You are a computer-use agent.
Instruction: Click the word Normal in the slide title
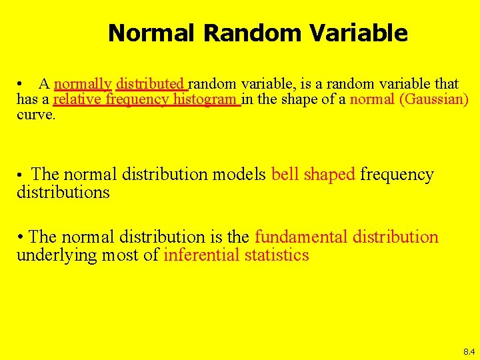(153, 33)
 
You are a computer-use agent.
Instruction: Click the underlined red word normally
(83, 84)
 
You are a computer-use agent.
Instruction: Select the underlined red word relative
(77, 100)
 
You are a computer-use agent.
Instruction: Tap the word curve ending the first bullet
(36, 115)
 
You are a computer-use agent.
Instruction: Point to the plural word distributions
(63, 193)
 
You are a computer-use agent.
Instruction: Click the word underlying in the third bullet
(51, 255)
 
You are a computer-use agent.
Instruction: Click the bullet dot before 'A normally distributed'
(22, 85)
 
